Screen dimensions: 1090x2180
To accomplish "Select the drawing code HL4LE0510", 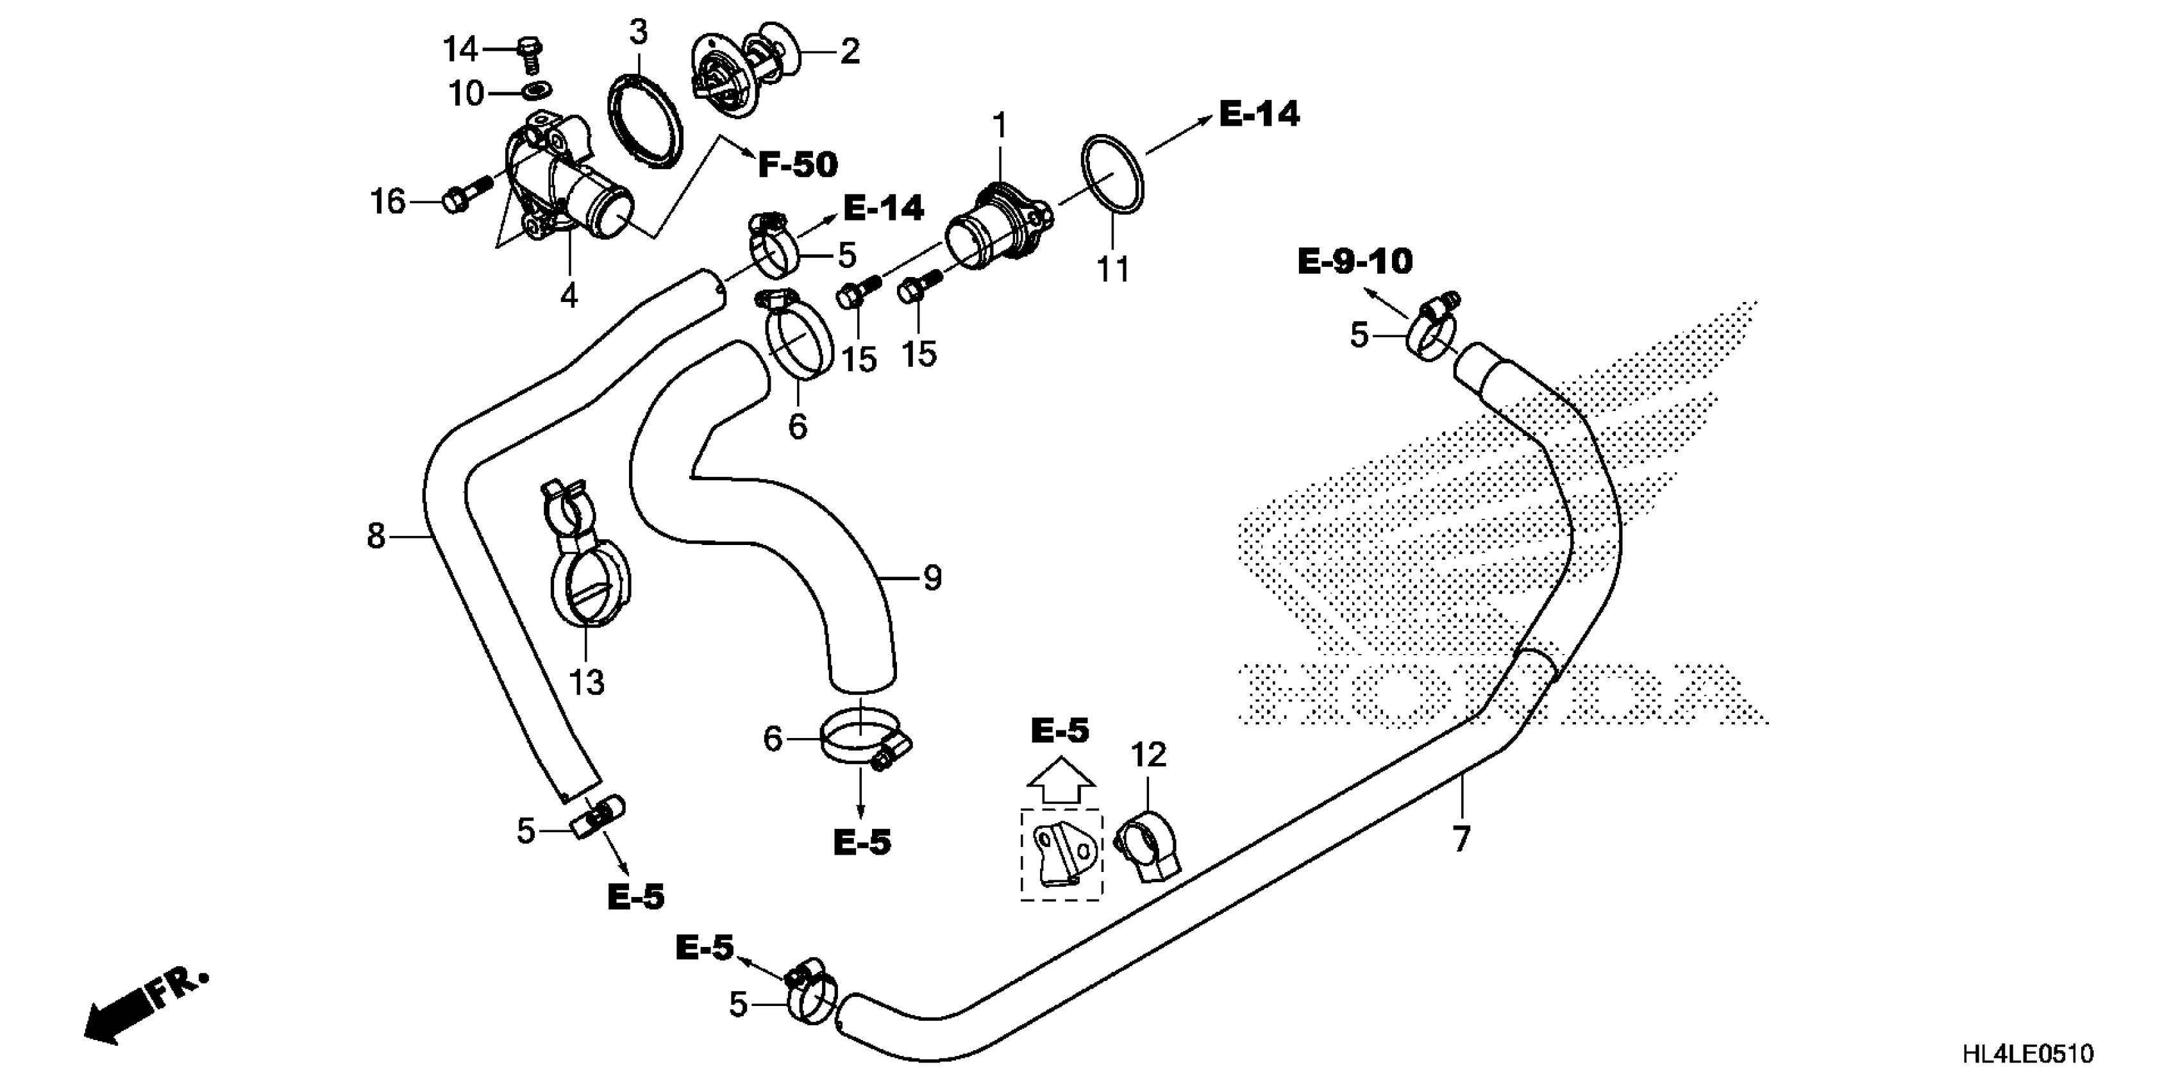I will [2027, 1053].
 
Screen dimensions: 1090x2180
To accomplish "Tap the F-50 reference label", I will [797, 165].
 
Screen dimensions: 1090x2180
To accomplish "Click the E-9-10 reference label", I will [1355, 262].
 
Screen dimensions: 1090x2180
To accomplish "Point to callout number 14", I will [461, 50].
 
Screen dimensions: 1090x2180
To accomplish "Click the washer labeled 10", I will [535, 90].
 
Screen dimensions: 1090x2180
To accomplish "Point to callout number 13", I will [587, 681].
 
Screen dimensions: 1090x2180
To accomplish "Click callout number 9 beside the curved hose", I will [932, 579].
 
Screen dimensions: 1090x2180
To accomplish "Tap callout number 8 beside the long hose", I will [376, 535].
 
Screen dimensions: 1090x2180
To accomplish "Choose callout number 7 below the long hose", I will [1461, 839].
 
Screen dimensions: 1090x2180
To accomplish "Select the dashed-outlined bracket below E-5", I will [1061, 855].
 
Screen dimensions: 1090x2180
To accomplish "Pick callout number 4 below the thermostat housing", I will [569, 296].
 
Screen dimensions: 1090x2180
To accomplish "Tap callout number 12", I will [1148, 754].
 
